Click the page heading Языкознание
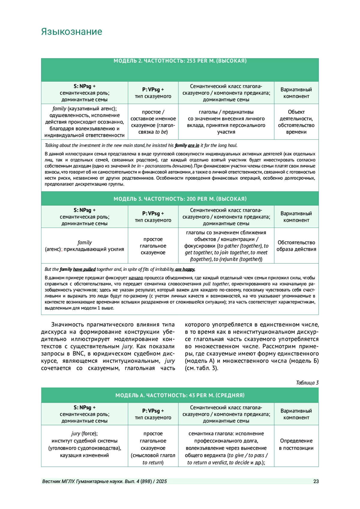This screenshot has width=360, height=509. [71, 32]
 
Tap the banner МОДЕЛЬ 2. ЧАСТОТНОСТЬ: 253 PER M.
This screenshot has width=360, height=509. [180, 61]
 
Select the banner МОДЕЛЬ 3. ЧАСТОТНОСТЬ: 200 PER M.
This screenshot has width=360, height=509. [180, 199]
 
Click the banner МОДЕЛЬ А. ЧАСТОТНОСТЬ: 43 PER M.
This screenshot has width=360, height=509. [180, 395]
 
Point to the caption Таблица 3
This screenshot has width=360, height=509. [307, 382]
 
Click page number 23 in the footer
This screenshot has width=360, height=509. [316, 481]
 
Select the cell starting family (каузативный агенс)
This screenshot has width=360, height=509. [84, 122]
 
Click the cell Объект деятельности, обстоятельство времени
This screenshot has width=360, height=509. [296, 122]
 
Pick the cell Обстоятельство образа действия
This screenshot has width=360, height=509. [296, 246]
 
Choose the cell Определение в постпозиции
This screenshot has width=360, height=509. [296, 445]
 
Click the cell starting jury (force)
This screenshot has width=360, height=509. [84, 445]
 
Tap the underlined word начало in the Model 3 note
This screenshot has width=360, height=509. [136, 278]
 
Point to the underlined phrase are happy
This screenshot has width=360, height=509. [185, 269]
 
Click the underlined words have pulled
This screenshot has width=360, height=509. [84, 269]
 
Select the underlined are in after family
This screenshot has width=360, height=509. [193, 145]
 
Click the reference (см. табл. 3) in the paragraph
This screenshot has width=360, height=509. [202, 368]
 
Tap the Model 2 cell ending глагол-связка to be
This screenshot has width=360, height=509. [153, 122]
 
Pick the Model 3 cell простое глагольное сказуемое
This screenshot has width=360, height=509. [153, 246]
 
